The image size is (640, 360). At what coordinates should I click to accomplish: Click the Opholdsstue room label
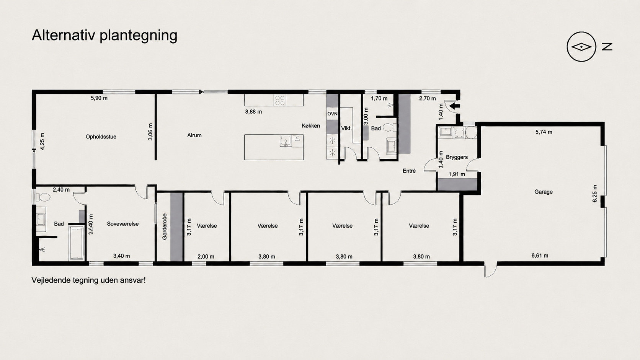tap(101, 137)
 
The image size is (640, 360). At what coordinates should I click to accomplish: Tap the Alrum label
tap(194, 135)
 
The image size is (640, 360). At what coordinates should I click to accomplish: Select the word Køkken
tap(311, 125)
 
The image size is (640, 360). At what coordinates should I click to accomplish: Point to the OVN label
tap(332, 114)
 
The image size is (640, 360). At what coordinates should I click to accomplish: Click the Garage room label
tap(544, 192)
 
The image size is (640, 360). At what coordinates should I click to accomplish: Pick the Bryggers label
tap(457, 157)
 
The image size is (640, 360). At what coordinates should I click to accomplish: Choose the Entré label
tap(409, 171)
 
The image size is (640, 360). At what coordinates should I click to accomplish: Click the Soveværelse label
tap(123, 224)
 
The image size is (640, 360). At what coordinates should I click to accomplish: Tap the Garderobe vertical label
tap(165, 227)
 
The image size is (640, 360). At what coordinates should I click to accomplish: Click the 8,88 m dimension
tap(253, 112)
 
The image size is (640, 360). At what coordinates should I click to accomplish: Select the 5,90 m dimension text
tap(99, 98)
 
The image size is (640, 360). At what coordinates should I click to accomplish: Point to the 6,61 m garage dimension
tap(540, 256)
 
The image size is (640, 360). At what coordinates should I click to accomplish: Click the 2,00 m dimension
tap(206, 257)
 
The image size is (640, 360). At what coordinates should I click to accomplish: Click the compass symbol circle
tap(581, 47)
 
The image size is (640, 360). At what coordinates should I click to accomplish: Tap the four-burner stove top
tap(280, 100)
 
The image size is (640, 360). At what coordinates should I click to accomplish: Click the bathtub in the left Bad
tap(77, 243)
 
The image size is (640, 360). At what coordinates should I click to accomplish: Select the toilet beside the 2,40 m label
tap(43, 197)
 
